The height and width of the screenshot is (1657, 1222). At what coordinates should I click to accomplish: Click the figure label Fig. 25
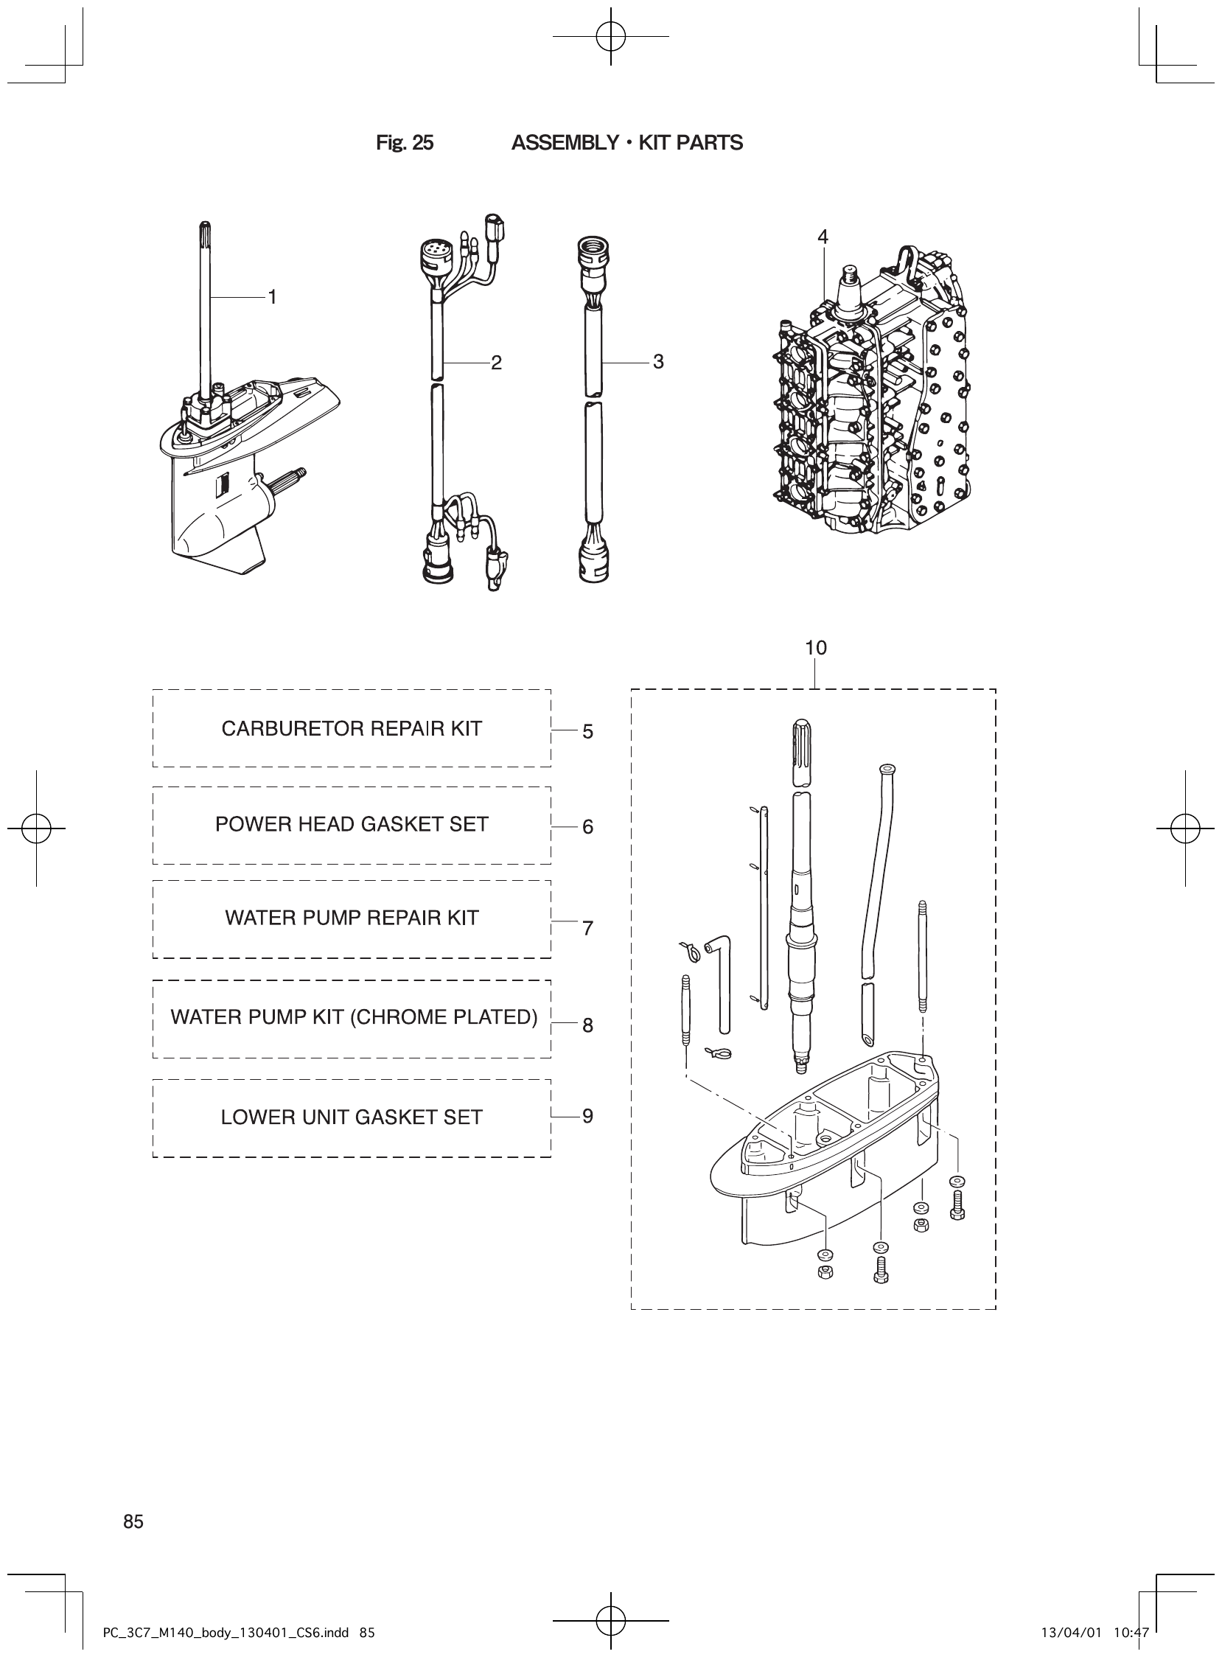pos(405,143)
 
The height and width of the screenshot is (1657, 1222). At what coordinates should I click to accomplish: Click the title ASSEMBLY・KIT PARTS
pos(626,143)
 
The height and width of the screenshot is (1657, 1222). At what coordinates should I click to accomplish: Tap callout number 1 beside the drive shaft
pos(272,297)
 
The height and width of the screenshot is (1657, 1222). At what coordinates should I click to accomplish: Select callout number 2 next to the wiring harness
pos(496,363)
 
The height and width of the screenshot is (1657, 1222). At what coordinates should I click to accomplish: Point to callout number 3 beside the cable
pos(658,362)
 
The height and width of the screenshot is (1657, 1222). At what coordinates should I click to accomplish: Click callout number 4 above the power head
pos(823,237)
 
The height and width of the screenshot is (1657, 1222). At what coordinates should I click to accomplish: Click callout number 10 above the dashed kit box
pos(816,648)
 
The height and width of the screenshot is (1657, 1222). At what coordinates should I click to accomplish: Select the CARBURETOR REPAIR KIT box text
pos(352,729)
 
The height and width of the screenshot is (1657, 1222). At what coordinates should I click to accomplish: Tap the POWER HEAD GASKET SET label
pos(352,824)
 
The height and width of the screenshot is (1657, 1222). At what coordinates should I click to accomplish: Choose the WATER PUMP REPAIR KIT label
pos(352,918)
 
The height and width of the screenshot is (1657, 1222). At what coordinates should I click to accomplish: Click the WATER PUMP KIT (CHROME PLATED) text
pos(354,1017)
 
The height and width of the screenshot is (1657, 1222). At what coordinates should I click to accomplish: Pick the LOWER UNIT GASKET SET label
pos(352,1117)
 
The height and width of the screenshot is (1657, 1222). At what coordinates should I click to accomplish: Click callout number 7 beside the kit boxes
pos(587,927)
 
